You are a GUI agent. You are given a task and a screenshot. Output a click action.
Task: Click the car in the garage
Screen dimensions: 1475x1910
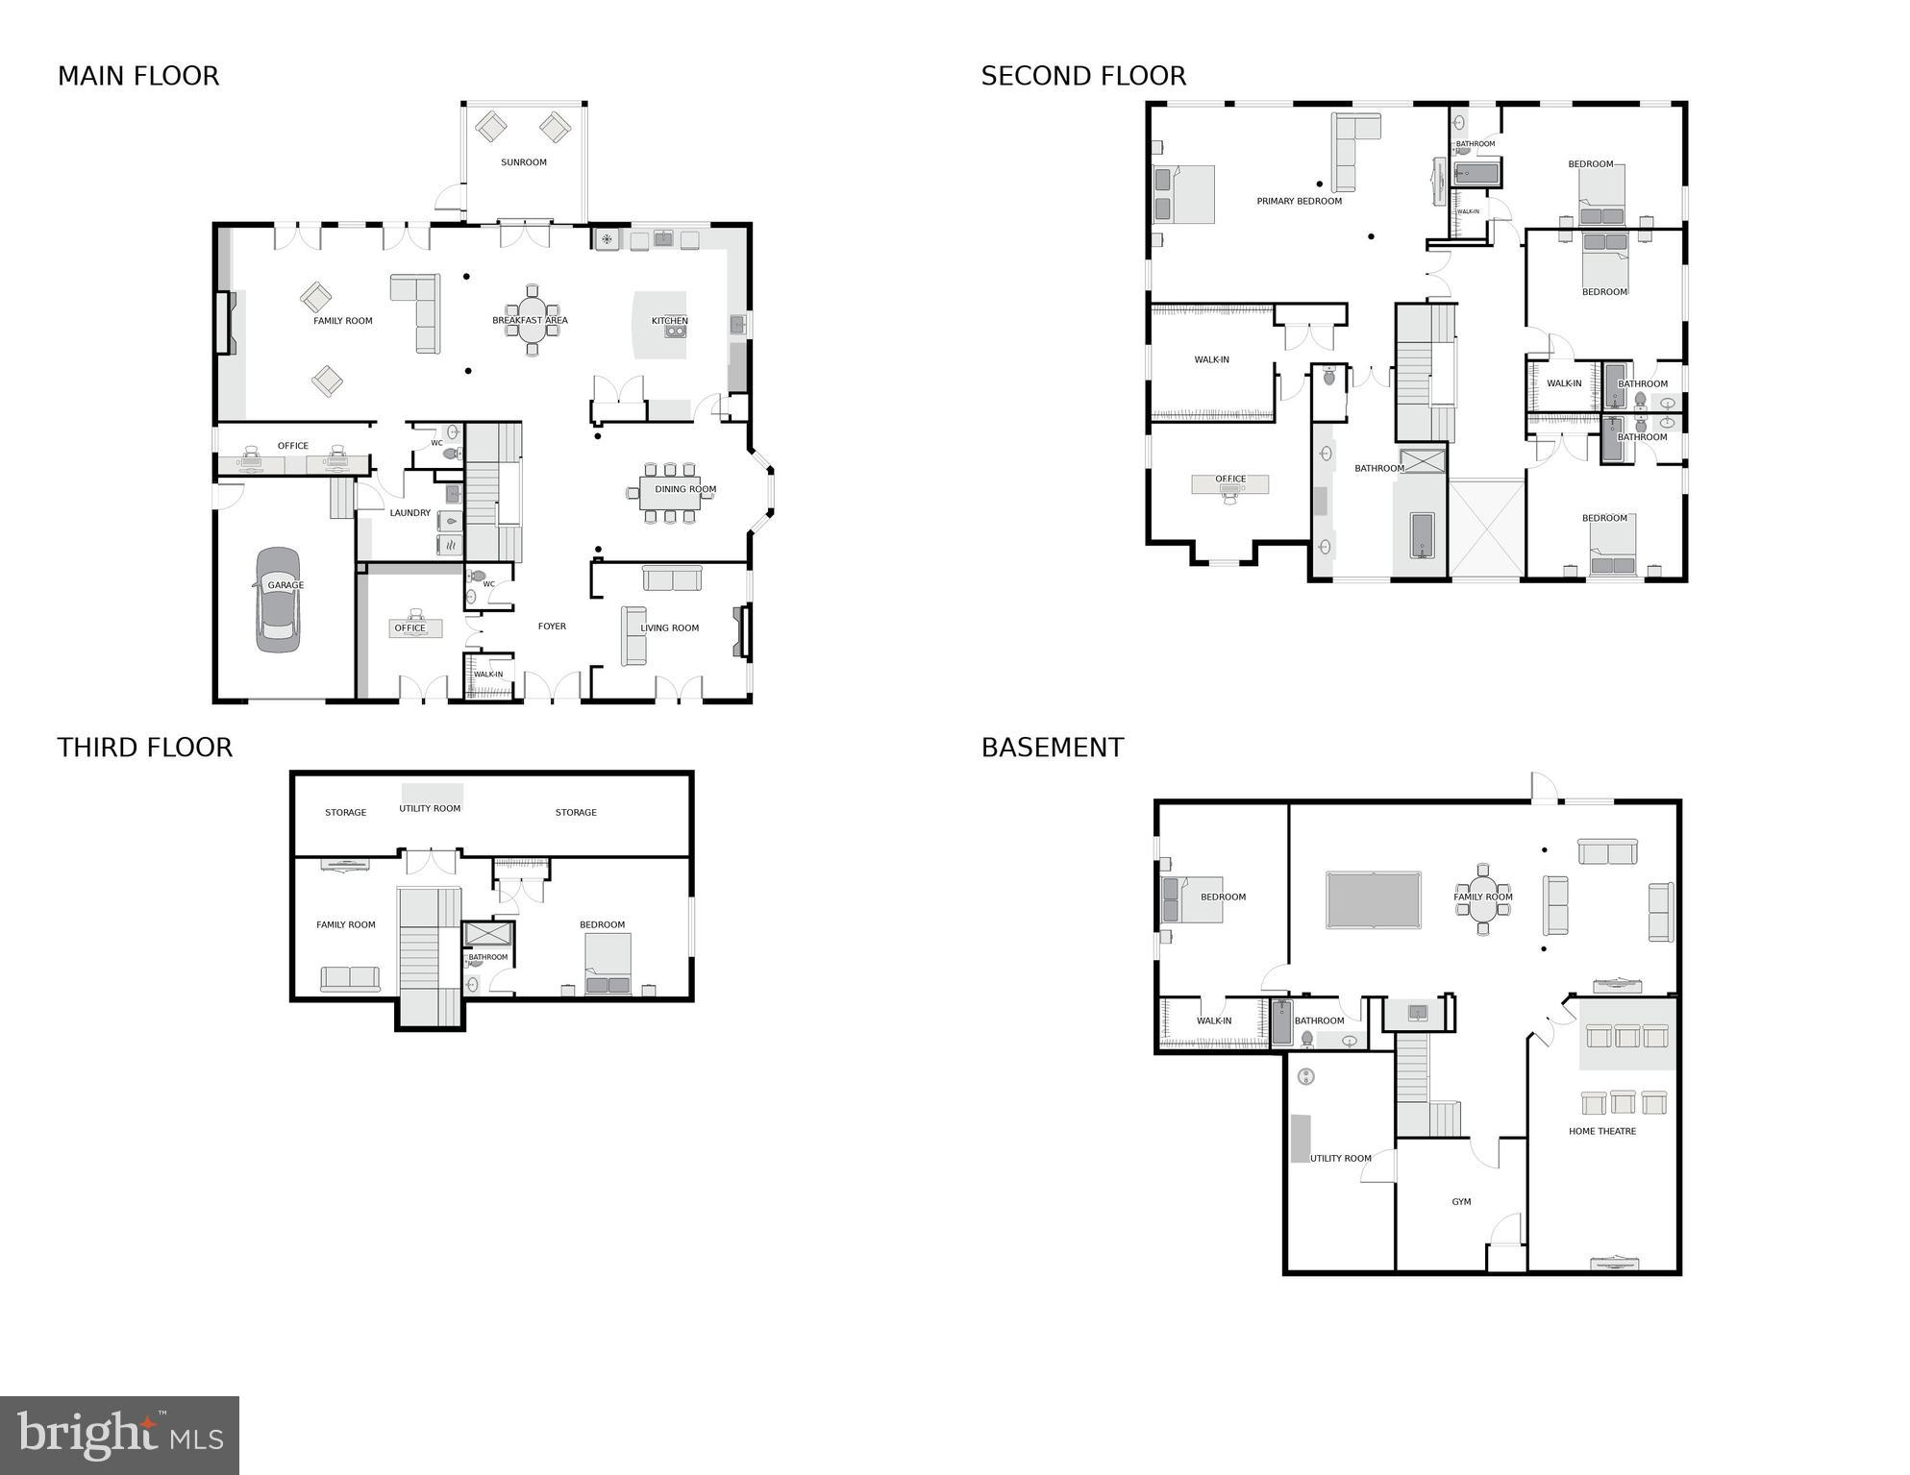point(278,601)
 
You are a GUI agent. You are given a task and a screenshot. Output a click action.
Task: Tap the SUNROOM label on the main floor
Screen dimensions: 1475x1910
point(524,162)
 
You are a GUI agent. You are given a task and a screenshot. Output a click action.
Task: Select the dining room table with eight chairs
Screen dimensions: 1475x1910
point(670,493)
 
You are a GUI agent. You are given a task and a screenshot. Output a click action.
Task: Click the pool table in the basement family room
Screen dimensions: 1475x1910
point(1373,900)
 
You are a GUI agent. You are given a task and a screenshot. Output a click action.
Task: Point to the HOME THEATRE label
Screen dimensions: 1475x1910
point(1601,1131)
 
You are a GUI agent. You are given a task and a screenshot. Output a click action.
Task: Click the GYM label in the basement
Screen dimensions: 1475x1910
point(1461,1202)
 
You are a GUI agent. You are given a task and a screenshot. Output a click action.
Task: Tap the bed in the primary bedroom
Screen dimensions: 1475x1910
point(1184,194)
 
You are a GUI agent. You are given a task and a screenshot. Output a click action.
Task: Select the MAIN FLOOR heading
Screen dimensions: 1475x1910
point(138,76)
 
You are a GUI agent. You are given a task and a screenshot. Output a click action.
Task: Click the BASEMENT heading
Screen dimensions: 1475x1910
point(1052,748)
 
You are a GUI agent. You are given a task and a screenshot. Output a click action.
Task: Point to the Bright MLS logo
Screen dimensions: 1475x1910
point(119,1435)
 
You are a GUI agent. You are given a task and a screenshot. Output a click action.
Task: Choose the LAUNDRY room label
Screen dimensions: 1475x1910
point(409,513)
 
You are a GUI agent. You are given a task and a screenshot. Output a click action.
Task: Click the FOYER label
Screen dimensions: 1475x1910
point(552,627)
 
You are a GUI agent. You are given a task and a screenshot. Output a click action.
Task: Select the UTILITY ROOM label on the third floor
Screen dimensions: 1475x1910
point(430,808)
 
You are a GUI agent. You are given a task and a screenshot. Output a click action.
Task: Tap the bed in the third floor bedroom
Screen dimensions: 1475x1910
point(608,963)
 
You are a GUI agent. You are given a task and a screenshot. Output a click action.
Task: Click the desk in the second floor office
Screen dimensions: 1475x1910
point(1229,485)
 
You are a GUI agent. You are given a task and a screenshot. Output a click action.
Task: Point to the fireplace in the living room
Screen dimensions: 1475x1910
point(741,631)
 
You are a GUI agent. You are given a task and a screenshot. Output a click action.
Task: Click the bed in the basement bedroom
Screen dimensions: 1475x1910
point(1193,899)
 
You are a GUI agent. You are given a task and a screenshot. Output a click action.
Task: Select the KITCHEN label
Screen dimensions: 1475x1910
point(669,321)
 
